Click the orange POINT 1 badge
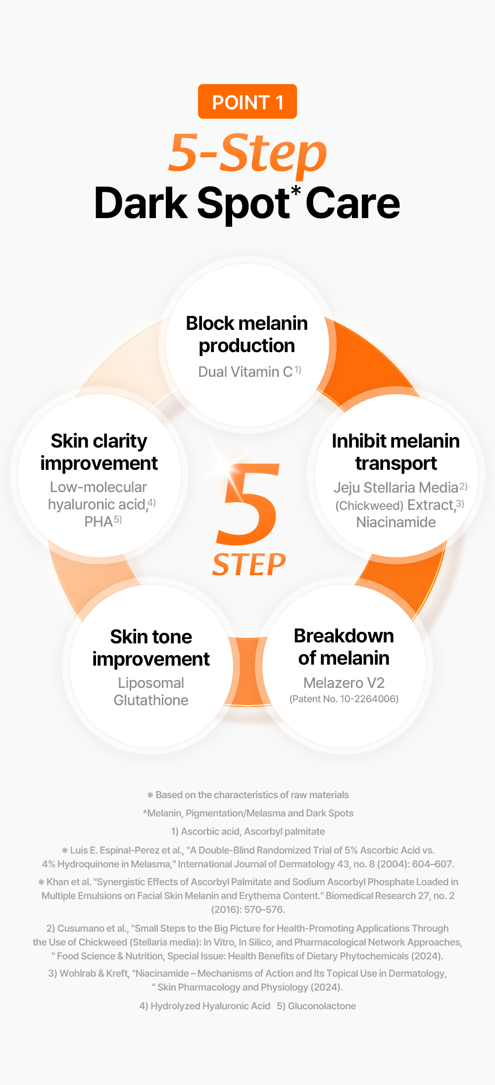pos(247,101)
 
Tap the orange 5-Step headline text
pos(247,153)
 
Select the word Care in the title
pos(353,203)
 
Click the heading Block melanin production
pos(247,334)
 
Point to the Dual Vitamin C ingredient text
pos(249,372)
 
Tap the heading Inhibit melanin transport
pos(396,452)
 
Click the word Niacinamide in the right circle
pos(396,522)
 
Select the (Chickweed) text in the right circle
pos(370,506)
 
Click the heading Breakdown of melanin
pos(344,647)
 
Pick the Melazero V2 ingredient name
pos(344,683)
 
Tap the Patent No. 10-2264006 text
pos(344,699)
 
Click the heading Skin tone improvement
pos(151,648)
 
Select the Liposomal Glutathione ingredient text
pos(151,691)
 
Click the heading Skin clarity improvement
pos(99,452)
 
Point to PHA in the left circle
pos(99,522)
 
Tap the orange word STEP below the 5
pos(249,565)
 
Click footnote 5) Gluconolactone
pos(316,1006)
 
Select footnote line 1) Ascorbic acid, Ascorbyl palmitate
pos(248,831)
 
